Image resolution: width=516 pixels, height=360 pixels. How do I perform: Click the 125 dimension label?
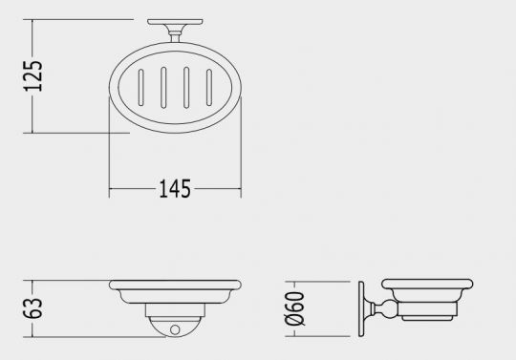tap(32, 76)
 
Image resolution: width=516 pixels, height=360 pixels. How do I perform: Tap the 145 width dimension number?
tap(175, 189)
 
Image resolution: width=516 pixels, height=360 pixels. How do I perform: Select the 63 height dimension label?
tap(32, 308)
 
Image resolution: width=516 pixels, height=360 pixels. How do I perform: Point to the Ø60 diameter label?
tap(295, 308)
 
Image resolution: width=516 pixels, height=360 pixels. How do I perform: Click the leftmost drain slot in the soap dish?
tap(140, 88)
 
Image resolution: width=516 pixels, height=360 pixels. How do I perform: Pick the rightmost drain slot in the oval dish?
tap(209, 88)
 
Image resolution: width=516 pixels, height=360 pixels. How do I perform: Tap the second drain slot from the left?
tap(163, 88)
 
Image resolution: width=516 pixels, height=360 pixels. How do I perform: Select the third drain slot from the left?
tap(186, 88)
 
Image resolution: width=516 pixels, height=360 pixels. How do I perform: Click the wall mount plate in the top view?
tap(175, 22)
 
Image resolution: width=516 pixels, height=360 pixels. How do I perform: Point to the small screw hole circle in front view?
tap(175, 329)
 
